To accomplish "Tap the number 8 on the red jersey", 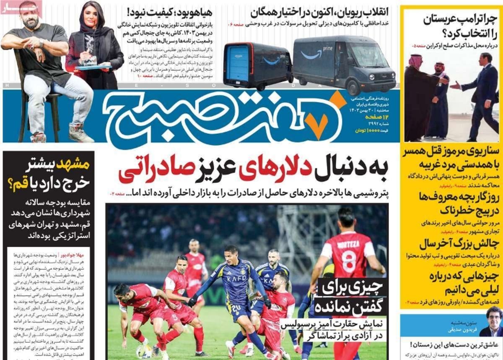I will (x=349, y=261).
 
